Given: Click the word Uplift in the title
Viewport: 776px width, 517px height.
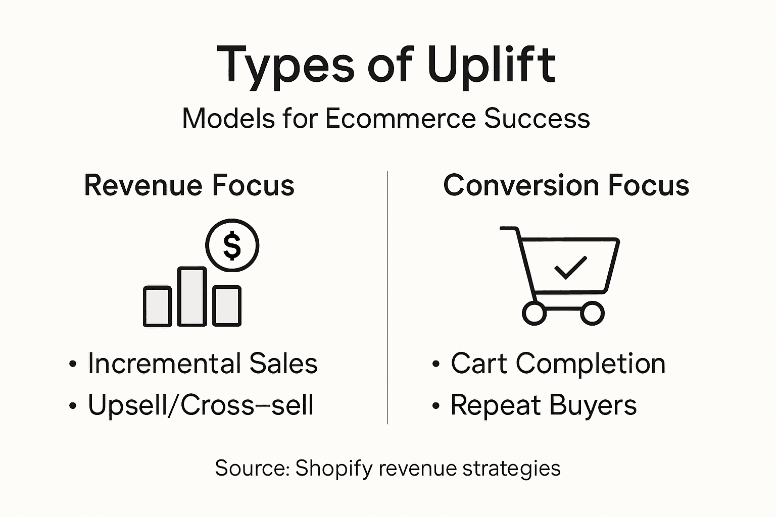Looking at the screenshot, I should click(x=491, y=66).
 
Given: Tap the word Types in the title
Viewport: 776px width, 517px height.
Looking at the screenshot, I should click(x=285, y=66).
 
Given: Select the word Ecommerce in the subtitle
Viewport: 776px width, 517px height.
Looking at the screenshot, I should click(x=400, y=119).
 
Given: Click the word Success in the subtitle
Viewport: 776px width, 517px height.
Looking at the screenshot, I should click(x=537, y=119).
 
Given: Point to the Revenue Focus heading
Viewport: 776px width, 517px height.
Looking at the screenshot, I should click(x=189, y=185).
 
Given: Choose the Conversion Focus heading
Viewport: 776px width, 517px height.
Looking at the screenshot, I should click(x=566, y=185).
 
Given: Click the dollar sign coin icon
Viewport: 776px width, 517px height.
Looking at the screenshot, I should click(x=232, y=246).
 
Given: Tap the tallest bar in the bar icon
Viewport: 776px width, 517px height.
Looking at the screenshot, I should click(x=192, y=297).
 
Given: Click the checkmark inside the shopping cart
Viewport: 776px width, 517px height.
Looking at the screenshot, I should click(x=570, y=268).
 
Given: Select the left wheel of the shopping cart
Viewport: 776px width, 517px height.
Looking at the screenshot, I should click(x=534, y=313).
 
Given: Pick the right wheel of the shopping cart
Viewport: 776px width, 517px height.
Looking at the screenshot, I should click(x=592, y=313).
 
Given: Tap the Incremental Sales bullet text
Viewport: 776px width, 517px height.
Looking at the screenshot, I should click(x=203, y=364).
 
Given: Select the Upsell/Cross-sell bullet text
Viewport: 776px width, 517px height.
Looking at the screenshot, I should click(x=201, y=405).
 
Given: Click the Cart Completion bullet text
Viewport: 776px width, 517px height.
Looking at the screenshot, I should click(x=558, y=364).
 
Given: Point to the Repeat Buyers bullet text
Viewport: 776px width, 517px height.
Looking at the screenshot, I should click(x=543, y=405).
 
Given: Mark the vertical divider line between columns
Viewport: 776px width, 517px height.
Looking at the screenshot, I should click(x=387, y=298).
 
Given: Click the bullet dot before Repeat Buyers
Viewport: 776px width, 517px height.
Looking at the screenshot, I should click(x=436, y=406).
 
